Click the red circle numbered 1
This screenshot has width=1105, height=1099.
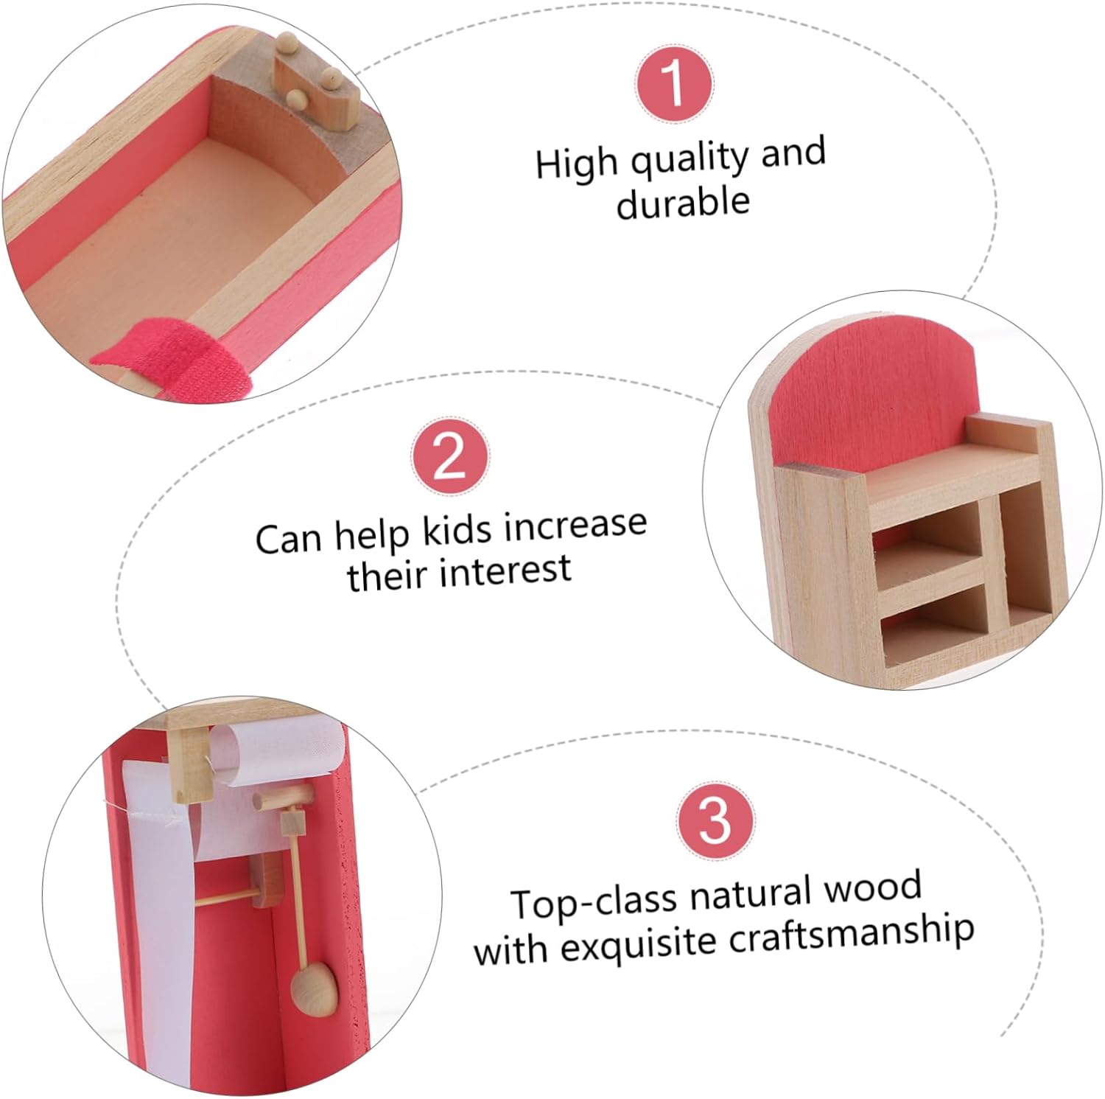pos(674,85)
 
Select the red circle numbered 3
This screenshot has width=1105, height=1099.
pos(715,820)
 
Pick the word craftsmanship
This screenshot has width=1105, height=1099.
pos(851,934)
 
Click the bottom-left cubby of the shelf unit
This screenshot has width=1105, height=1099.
pos(936,619)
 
